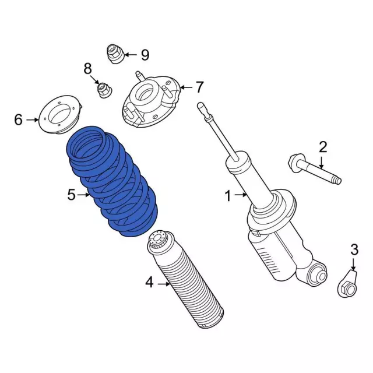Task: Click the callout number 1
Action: (228, 196)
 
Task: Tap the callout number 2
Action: (323, 147)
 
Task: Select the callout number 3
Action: (354, 250)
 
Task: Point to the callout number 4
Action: (149, 283)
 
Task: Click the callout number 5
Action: (71, 195)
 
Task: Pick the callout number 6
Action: (18, 119)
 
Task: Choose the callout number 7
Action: (199, 87)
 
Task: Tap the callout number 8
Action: (87, 69)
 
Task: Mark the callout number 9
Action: (145, 55)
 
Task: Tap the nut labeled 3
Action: (348, 284)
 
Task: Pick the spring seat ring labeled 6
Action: (61, 114)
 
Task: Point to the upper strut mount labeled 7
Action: (150, 101)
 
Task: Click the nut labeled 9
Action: (116, 54)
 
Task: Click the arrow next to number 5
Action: (83, 195)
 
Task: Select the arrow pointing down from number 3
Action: (354, 264)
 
